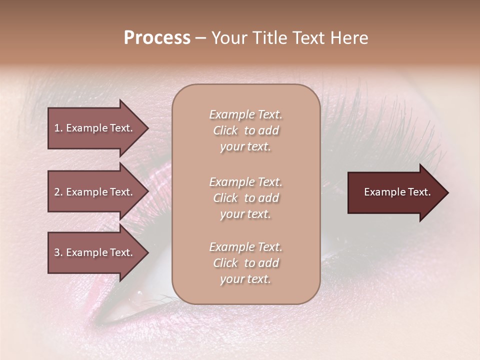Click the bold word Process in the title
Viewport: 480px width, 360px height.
[157, 38]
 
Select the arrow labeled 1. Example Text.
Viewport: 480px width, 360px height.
[95, 128]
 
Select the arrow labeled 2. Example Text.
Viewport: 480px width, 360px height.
[95, 192]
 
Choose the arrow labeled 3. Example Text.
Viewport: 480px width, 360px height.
[95, 252]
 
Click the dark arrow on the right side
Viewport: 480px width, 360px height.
[395, 192]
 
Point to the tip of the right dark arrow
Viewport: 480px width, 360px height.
[447, 192]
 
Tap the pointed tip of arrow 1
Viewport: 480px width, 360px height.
[147, 128]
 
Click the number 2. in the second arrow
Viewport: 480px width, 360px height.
[58, 192]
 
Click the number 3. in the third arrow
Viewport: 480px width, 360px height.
[58, 252]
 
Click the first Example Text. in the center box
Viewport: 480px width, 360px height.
[245, 114]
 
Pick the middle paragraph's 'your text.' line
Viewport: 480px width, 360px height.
[245, 214]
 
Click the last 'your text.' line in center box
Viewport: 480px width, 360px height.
[245, 279]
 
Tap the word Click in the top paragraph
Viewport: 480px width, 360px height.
[225, 131]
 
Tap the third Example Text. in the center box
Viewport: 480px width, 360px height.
[245, 247]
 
